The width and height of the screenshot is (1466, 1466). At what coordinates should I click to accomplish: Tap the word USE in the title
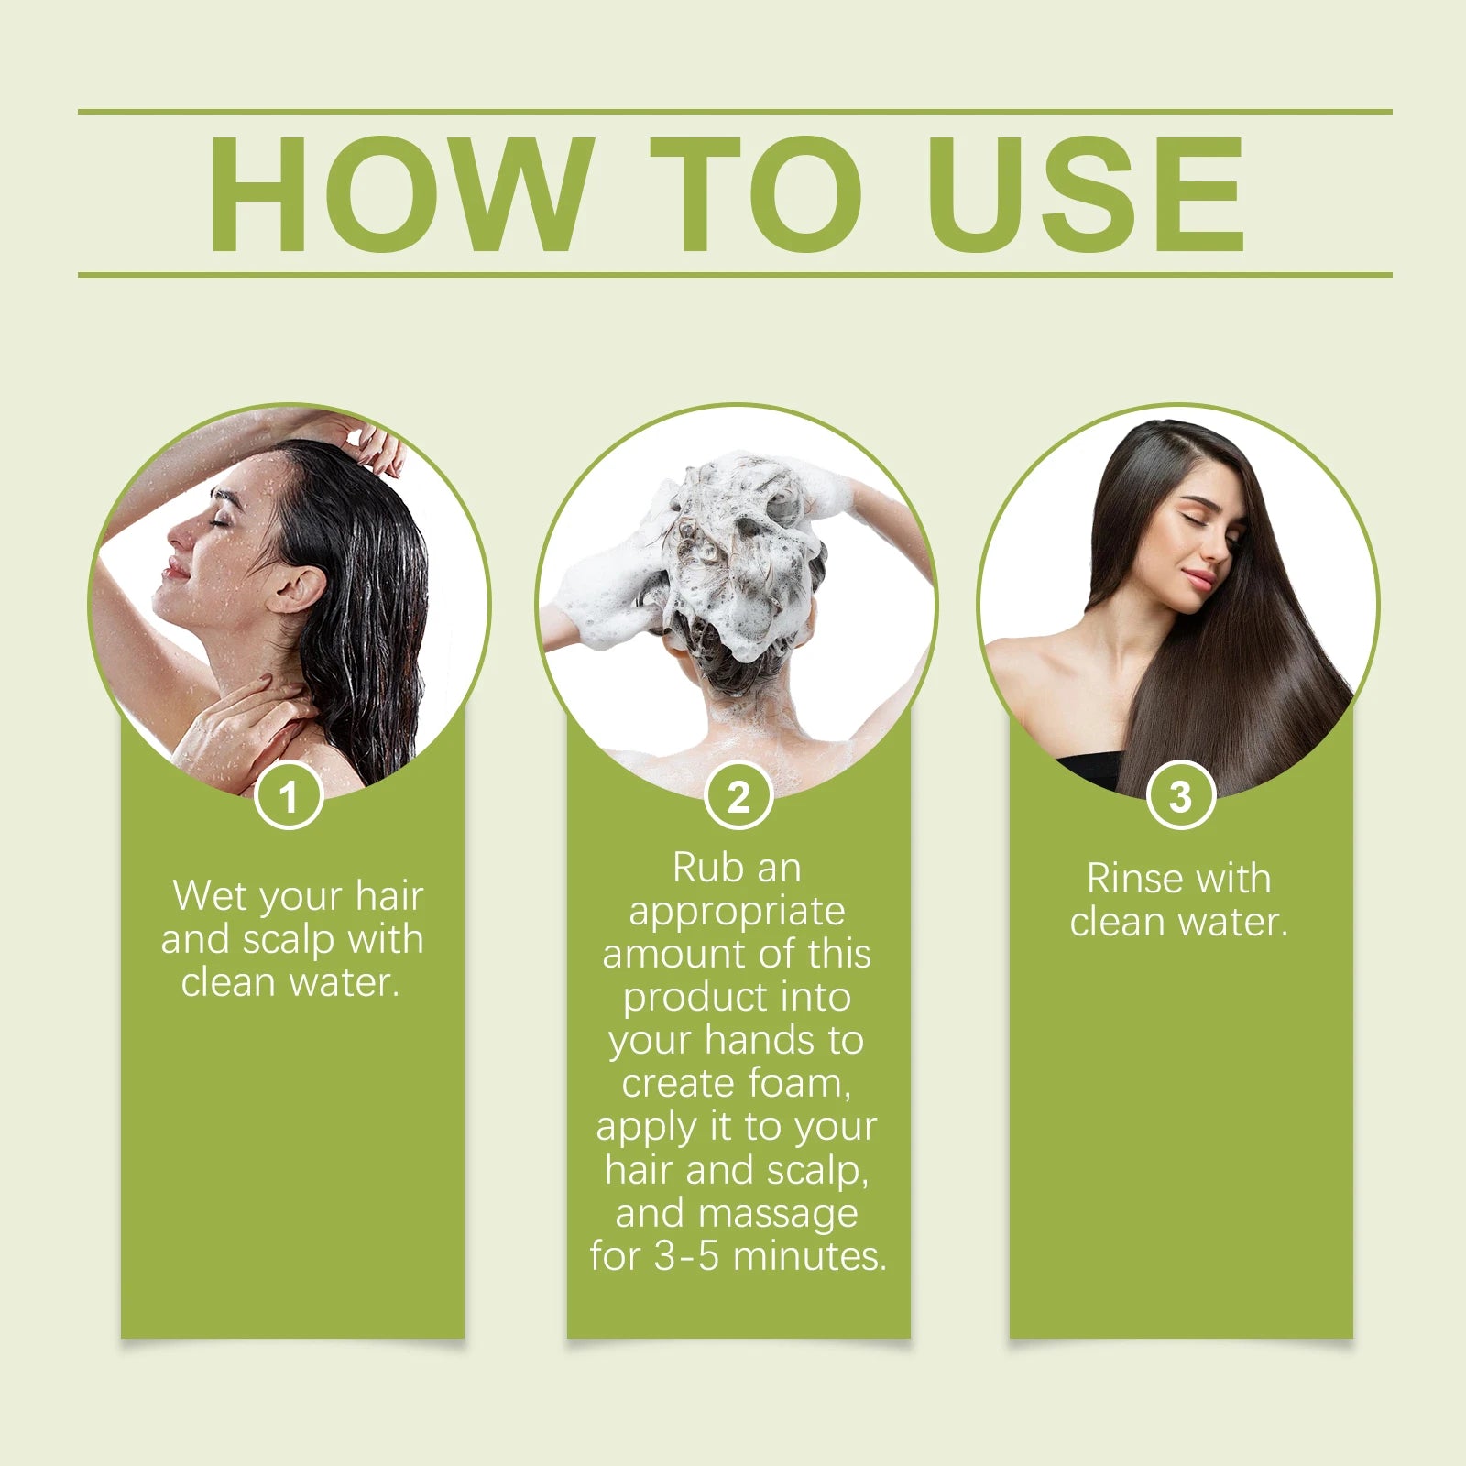point(1086,193)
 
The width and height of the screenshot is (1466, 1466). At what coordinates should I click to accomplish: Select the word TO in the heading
point(757,193)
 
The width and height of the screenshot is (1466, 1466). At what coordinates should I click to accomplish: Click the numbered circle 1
point(289,795)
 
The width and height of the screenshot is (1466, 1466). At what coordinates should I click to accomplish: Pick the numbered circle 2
point(738,795)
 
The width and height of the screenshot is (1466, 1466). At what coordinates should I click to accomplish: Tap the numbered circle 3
point(1181,795)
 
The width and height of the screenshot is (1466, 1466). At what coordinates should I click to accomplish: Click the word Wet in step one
point(205,895)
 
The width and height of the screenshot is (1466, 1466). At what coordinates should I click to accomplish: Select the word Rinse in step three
point(1133,879)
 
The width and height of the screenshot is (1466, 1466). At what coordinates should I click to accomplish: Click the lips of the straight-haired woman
point(1198,581)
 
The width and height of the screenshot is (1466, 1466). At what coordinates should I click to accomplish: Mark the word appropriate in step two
point(737,912)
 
